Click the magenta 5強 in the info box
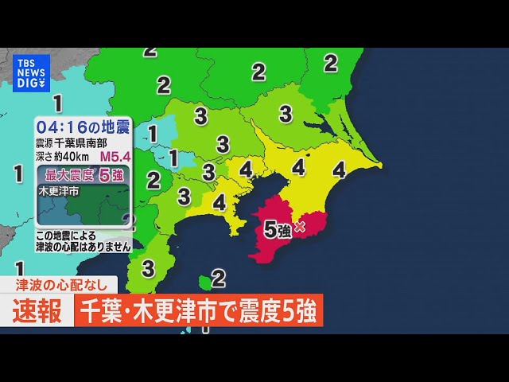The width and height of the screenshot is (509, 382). pos(110,174)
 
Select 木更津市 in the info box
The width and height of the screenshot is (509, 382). pos(58,192)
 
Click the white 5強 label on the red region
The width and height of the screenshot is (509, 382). pos(276,230)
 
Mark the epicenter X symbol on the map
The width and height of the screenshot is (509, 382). pos(300,228)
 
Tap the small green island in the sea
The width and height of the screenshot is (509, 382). pos(204,280)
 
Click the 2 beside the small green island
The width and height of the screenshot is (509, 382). pos(219,278)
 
